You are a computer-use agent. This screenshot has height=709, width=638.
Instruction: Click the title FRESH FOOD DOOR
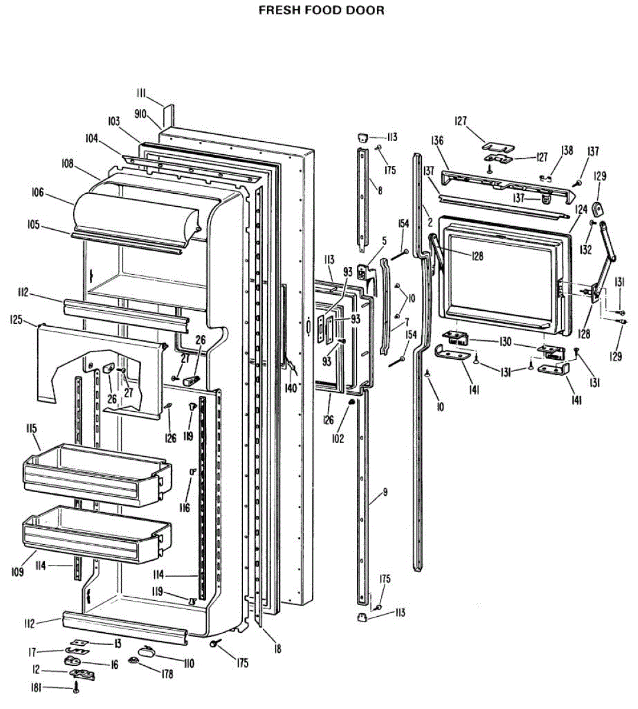(x=321, y=11)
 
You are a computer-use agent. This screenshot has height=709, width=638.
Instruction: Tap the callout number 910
(x=140, y=114)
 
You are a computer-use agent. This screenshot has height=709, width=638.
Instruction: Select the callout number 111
(x=141, y=93)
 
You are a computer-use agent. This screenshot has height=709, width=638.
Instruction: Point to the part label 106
(x=38, y=193)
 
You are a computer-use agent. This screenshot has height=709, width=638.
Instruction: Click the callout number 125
(x=16, y=320)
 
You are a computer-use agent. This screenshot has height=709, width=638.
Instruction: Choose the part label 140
(x=291, y=388)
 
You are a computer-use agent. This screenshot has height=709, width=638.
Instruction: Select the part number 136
(x=437, y=141)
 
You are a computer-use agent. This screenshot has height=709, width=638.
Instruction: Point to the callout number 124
(x=581, y=209)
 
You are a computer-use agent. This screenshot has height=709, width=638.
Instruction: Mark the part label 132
(x=585, y=249)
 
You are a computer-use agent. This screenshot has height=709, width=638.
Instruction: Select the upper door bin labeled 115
(x=95, y=476)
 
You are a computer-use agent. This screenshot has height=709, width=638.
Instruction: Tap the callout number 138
(x=567, y=151)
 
